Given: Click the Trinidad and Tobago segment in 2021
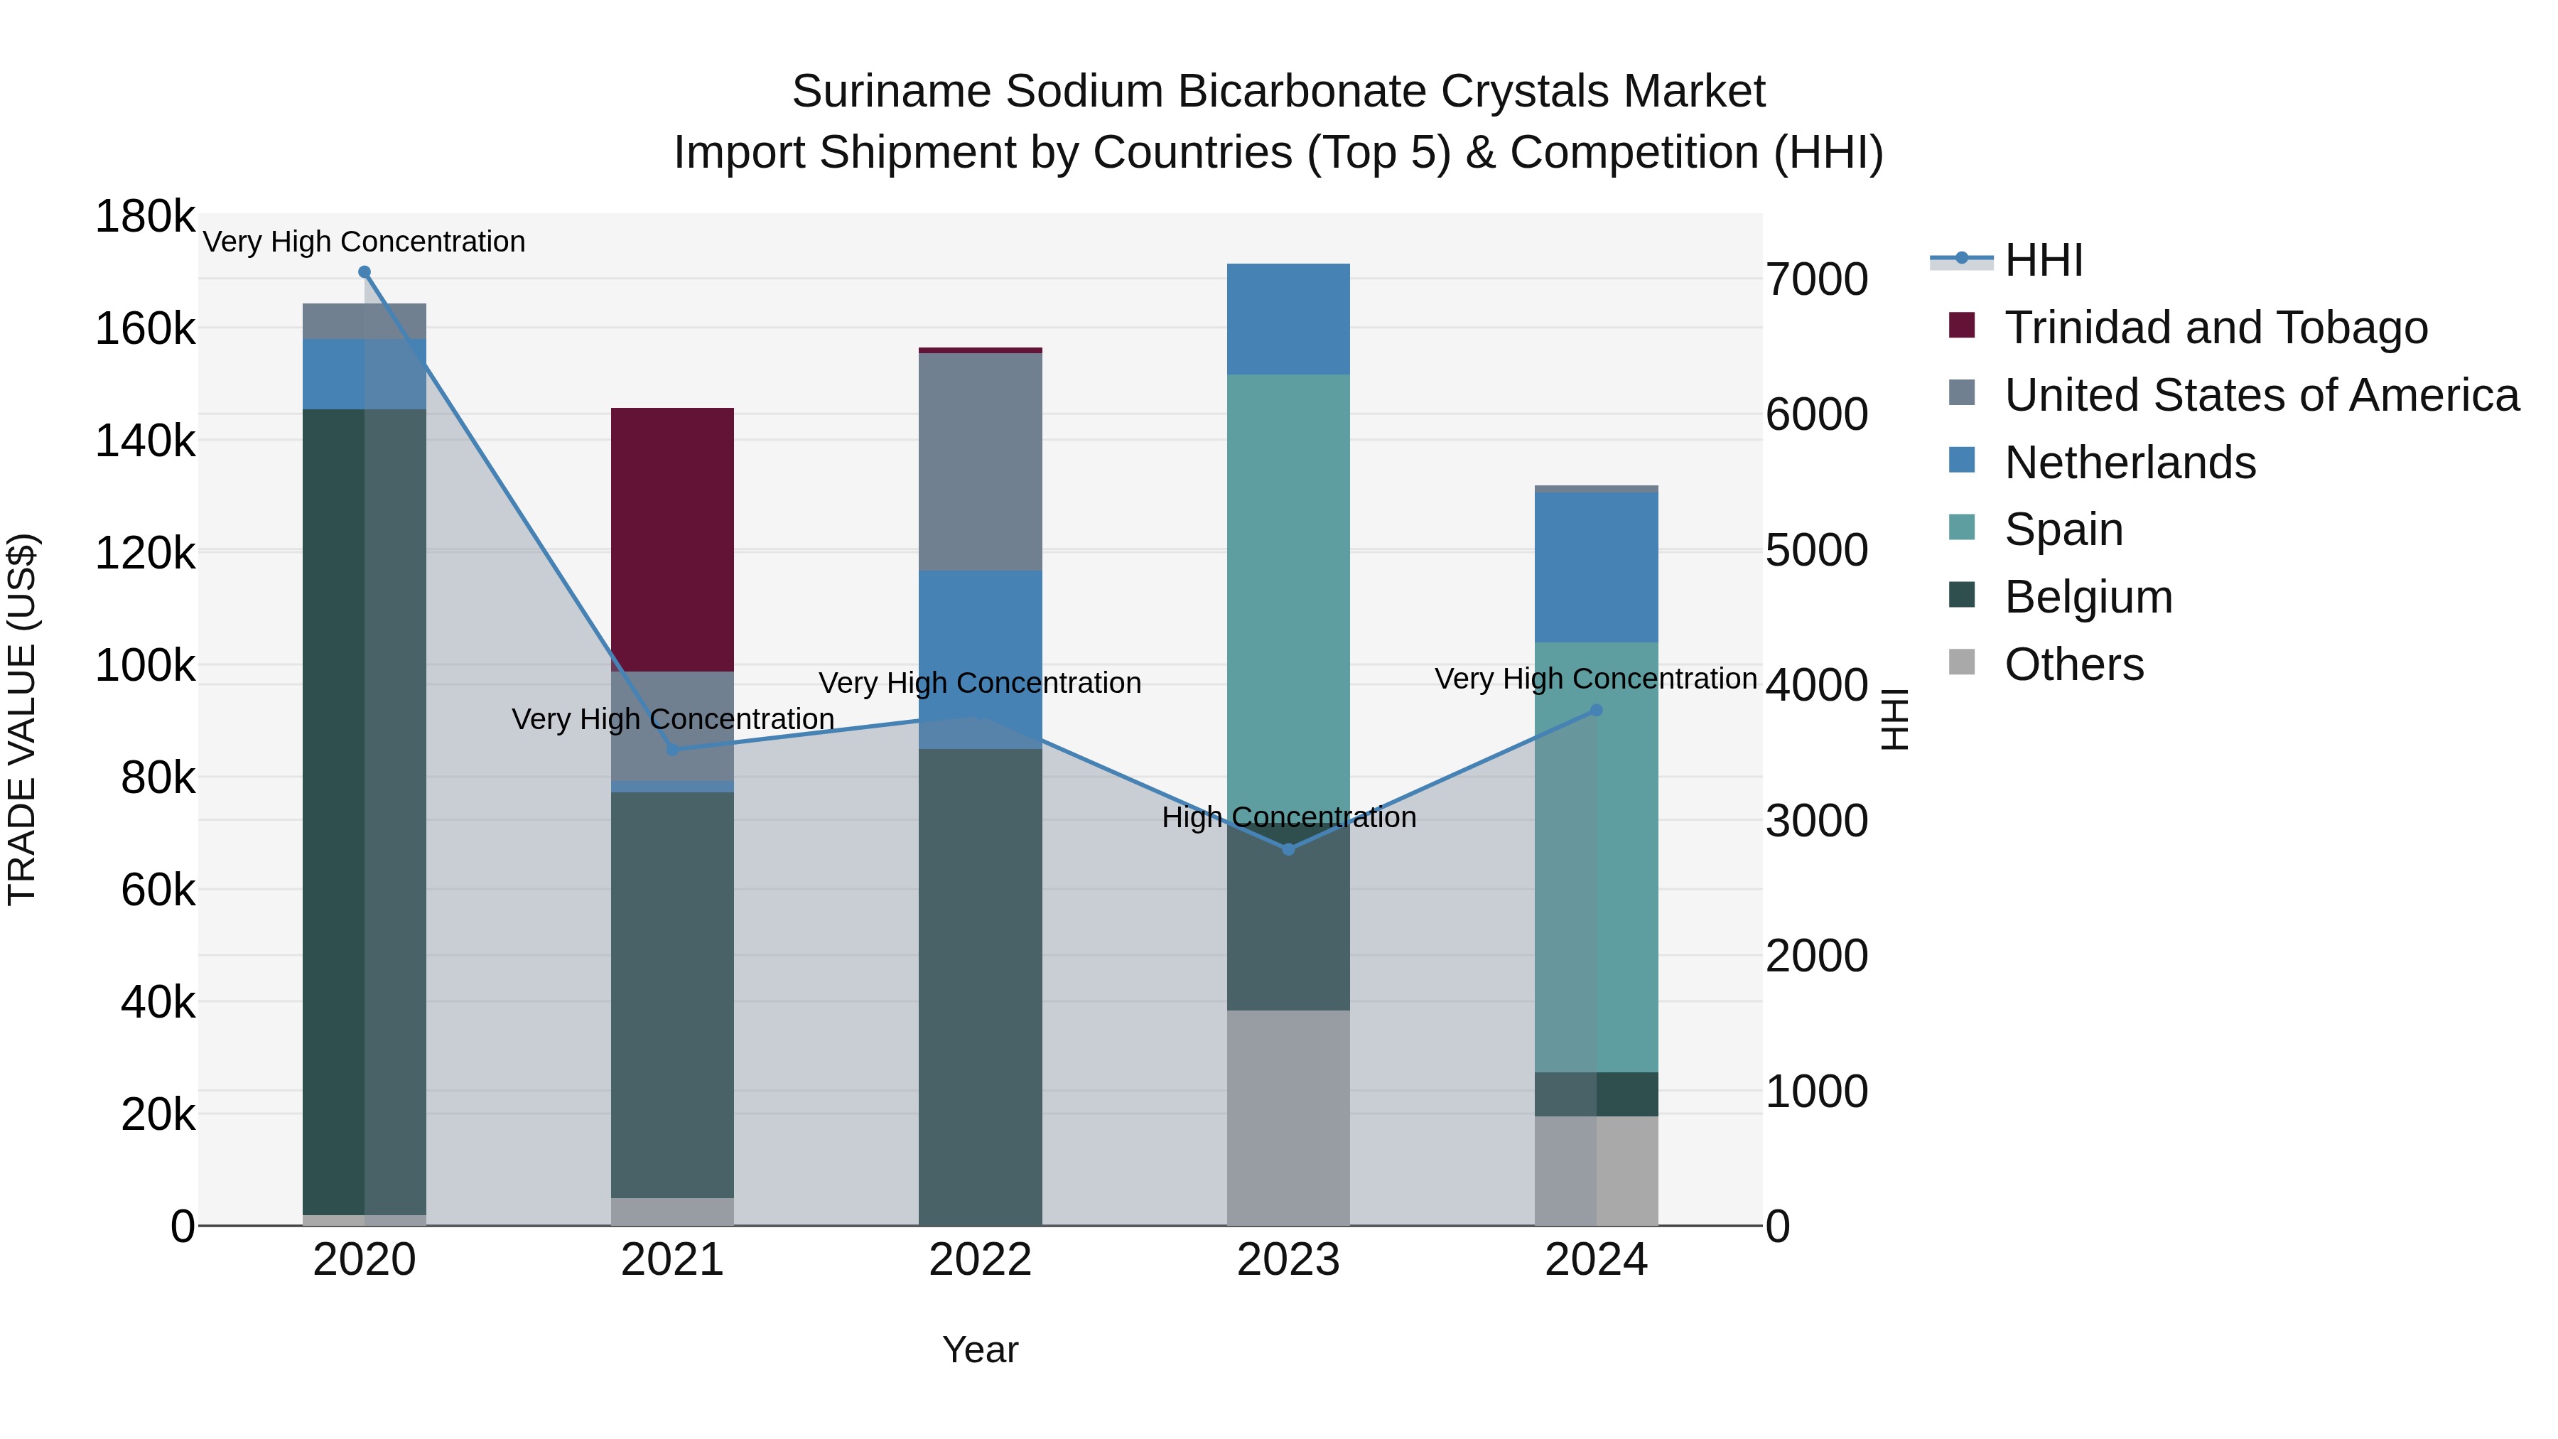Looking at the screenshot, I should pos(672,539).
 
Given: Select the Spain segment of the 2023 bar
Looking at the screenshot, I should pos(1288,596).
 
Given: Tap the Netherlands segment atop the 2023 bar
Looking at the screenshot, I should pos(1288,319).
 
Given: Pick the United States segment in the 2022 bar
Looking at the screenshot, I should pos(980,462).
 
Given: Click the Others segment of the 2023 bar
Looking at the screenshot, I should pos(1288,1117).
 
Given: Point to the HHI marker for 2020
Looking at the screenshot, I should pos(365,272).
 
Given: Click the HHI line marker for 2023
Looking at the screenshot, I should pos(1288,849).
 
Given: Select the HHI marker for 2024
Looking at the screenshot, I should pos(1597,710).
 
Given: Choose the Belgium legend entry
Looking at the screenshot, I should pos(2088,597).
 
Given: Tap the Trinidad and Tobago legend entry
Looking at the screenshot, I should pos(2214,328).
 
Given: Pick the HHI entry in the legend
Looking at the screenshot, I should pos(2043,260).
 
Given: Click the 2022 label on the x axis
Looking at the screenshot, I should pos(980,1260).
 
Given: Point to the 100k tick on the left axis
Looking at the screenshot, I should pos(145,665).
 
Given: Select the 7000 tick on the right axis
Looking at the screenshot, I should pos(1816,279).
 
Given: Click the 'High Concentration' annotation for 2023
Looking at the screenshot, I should pos(1288,817).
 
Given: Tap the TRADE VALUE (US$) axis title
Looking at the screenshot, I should pos(22,719).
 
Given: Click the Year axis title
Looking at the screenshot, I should pos(980,1349).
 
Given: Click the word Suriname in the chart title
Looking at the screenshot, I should pos(891,92).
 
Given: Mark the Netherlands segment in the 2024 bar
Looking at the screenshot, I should pos(1597,567).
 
